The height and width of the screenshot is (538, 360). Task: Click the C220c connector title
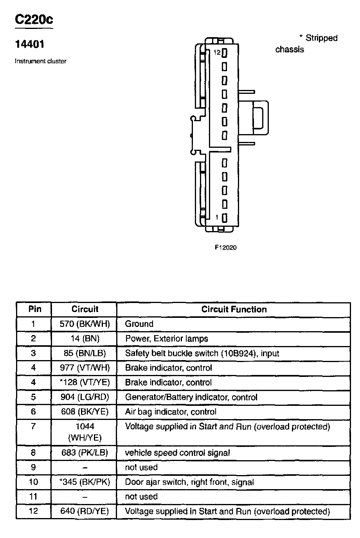tap(34, 20)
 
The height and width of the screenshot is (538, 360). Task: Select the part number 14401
tap(30, 44)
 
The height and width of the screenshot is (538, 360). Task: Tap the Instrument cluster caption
tap(41, 61)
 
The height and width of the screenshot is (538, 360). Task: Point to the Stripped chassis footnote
tap(306, 43)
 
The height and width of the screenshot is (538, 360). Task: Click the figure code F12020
tap(225, 247)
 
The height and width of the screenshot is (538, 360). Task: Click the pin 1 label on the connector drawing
tap(218, 217)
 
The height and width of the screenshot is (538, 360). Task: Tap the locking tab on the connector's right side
tap(261, 116)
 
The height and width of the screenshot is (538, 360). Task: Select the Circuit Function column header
tap(234, 309)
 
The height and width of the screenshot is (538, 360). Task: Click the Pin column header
tap(34, 309)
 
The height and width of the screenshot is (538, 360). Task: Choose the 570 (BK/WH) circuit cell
tap(85, 324)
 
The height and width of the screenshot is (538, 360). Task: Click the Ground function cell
tap(139, 324)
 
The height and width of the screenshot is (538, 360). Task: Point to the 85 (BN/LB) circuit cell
tap(85, 353)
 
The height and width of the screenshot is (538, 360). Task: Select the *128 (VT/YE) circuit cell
tap(85, 382)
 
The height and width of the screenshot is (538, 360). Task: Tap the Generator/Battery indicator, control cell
tap(191, 397)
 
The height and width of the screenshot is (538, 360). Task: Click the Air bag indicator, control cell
tap(171, 412)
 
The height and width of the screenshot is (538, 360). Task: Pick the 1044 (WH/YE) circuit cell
tap(85, 432)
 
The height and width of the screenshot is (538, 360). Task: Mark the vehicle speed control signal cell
tap(177, 453)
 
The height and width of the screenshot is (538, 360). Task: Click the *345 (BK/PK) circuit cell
tap(85, 482)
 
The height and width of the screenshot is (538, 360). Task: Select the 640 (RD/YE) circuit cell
tap(85, 511)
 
